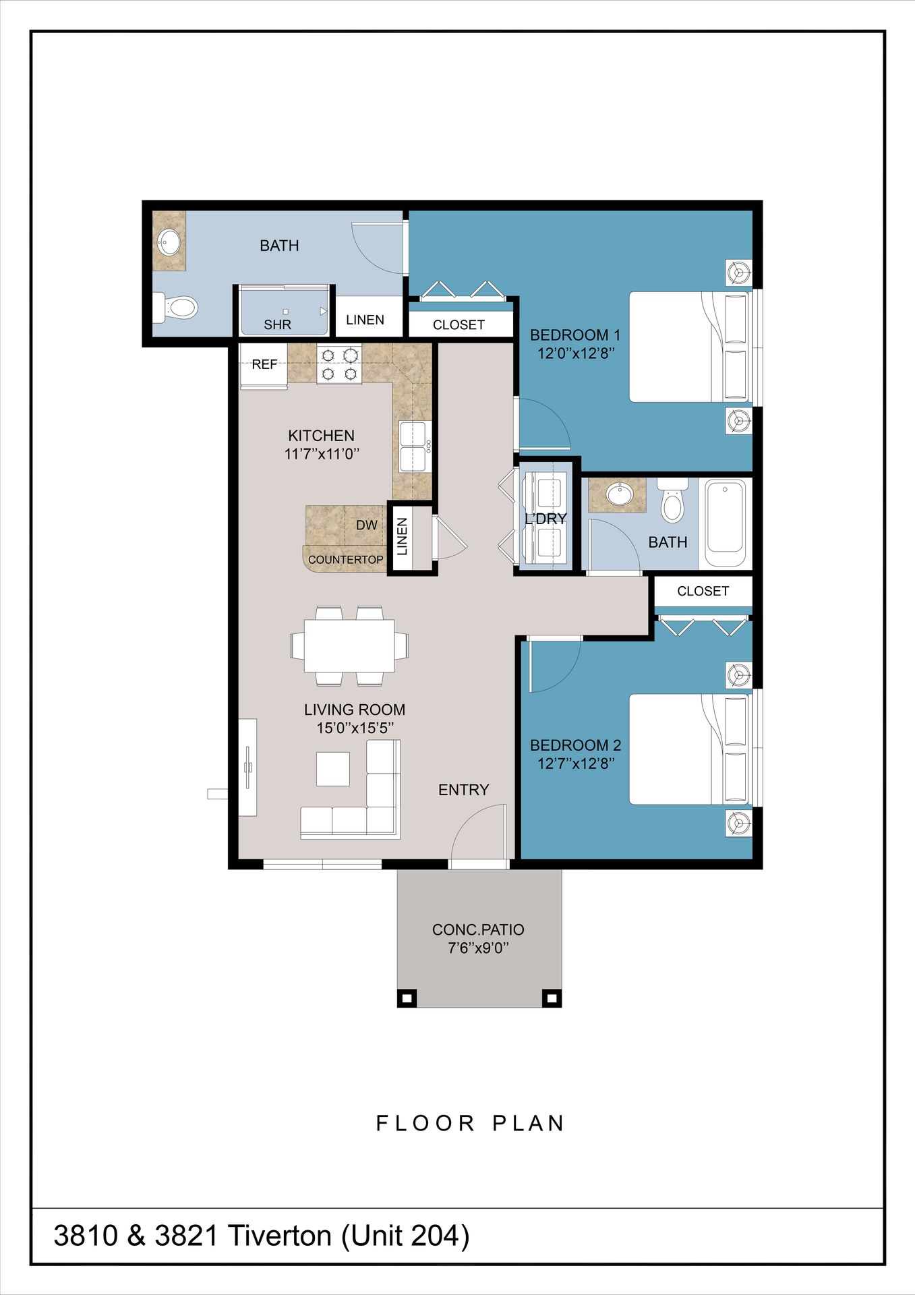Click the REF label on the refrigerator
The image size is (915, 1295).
264,364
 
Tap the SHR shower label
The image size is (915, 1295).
277,324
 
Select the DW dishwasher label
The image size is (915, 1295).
366,525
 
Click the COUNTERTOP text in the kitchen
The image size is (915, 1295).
345,560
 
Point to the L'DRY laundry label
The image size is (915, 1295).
545,518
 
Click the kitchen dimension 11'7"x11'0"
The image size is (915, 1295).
321,454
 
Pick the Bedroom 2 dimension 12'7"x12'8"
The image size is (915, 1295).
575,764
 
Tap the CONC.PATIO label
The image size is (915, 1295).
478,929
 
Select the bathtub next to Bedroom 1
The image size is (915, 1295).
725,523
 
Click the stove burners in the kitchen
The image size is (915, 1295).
339,364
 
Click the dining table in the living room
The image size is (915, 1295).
349,645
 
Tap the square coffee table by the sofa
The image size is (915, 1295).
333,769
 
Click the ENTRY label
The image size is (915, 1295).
463,790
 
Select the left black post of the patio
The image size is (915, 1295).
406,998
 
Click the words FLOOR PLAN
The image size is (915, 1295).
470,1123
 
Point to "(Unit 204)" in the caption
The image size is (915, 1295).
405,1236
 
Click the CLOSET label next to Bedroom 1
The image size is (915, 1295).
459,325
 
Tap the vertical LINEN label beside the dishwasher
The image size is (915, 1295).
403,537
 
